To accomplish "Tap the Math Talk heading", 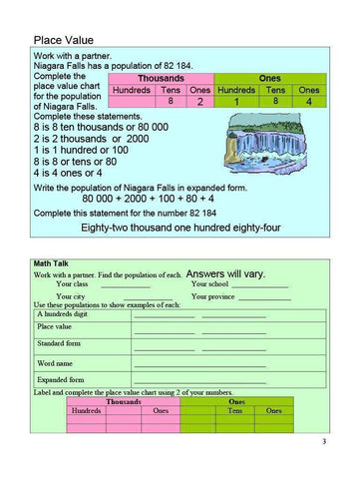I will click(51, 261).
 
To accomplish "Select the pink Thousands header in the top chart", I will click(161, 77).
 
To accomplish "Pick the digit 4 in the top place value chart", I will click(308, 101).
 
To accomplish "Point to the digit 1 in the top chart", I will click(236, 101).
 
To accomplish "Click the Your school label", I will click(211, 284).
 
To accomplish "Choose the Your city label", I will click(72, 296).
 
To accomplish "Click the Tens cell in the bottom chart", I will click(235, 410).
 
